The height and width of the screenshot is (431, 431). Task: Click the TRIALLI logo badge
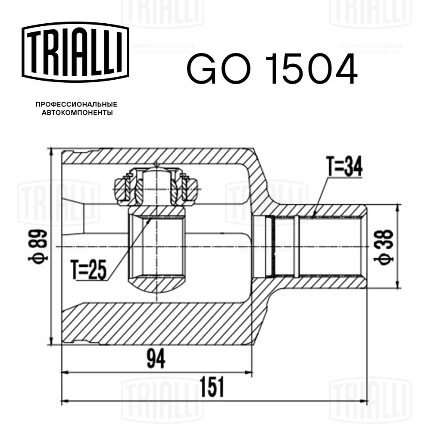[76, 52]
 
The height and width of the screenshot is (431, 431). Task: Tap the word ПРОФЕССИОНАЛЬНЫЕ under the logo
[76, 104]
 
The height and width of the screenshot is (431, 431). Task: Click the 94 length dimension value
[156, 359]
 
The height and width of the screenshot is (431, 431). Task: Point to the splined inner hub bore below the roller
[156, 247]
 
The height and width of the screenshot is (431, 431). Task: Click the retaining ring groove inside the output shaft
[270, 246]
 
